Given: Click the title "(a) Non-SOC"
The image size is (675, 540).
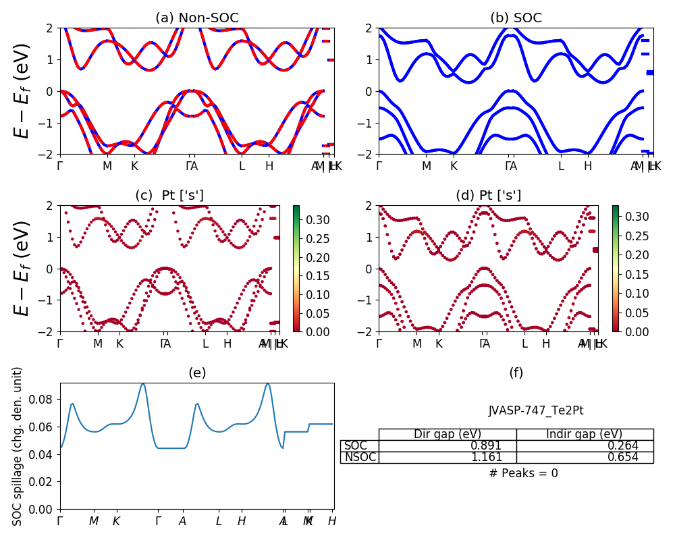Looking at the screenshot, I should tap(196, 18).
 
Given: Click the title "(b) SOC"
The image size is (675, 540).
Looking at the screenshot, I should tap(516, 18).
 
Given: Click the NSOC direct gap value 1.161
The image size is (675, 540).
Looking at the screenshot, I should tap(486, 458).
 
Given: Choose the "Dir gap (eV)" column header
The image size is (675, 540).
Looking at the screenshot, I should tap(448, 435).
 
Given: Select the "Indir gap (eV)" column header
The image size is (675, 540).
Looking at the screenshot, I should tap(585, 435).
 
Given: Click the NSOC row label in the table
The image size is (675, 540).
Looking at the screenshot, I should tap(360, 458).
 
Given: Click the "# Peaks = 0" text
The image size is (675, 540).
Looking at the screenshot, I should tap(523, 473).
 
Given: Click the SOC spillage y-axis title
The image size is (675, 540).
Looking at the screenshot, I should tap(18, 446).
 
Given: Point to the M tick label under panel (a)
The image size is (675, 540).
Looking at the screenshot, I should tap(107, 166).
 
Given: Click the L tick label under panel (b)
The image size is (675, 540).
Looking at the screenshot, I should tap(561, 166).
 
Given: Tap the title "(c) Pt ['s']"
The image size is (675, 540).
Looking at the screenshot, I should tap(169, 196).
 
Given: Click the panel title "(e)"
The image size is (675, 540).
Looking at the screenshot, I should tap(196, 373).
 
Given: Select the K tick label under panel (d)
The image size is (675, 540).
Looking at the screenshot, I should tap(439, 344).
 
